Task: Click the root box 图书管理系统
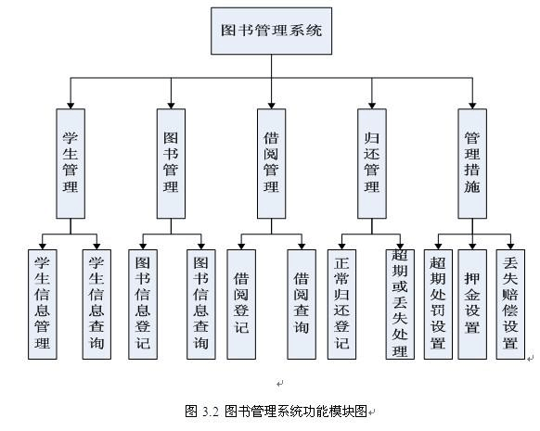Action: pos(272,30)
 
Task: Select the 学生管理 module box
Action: pos(70,163)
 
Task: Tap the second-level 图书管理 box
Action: pos(171,163)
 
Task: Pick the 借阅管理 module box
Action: pos(271,163)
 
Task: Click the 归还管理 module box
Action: pos(372,163)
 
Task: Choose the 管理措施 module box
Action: pos(472,163)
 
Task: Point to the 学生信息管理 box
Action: pos(41,302)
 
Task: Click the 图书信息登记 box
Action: pos(142,302)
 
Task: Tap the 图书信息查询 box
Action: pos(199,302)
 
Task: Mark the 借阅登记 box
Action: pos(241,302)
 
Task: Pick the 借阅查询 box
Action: pos(301,302)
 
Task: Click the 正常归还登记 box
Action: pos(342,302)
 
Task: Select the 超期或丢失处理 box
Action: pos(400,302)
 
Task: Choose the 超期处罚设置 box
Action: pos(438,302)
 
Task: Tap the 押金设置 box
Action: pos(472,302)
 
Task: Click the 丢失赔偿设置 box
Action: pos(508,302)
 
